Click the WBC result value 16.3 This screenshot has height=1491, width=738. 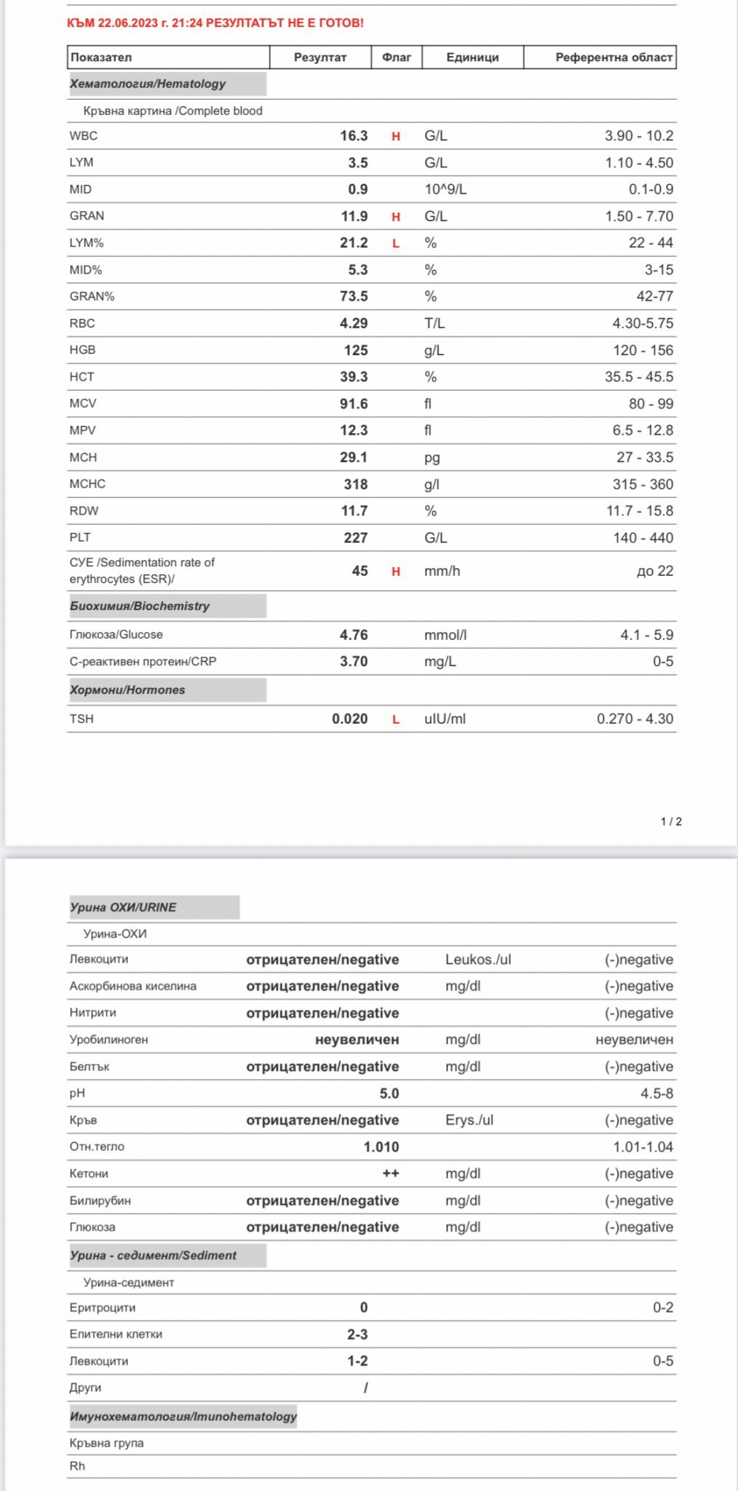(x=354, y=136)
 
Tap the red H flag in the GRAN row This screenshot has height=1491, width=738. (x=396, y=217)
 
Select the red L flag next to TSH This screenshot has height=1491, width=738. (x=396, y=719)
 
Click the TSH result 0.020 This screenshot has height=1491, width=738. (x=349, y=719)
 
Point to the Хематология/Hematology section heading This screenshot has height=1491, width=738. (x=148, y=84)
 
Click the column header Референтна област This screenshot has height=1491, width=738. (x=614, y=58)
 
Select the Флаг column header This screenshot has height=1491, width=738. (x=397, y=58)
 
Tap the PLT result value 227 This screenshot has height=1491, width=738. (x=355, y=538)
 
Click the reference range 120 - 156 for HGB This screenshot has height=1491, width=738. (x=643, y=350)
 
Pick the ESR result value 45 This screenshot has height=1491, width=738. (x=360, y=572)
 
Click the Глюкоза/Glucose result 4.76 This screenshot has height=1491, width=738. (x=354, y=635)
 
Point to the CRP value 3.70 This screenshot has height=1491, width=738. (x=354, y=662)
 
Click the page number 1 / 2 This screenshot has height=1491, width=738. (x=671, y=821)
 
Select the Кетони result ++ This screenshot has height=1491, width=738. (x=391, y=1174)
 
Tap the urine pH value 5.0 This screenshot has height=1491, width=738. (x=389, y=1093)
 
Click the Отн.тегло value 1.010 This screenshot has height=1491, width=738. (x=381, y=1147)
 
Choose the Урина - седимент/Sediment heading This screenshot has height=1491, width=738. (x=154, y=1255)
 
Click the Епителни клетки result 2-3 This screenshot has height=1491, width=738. (x=357, y=1334)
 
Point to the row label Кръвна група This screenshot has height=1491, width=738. (x=107, y=1443)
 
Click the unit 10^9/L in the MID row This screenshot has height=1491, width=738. (x=445, y=189)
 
